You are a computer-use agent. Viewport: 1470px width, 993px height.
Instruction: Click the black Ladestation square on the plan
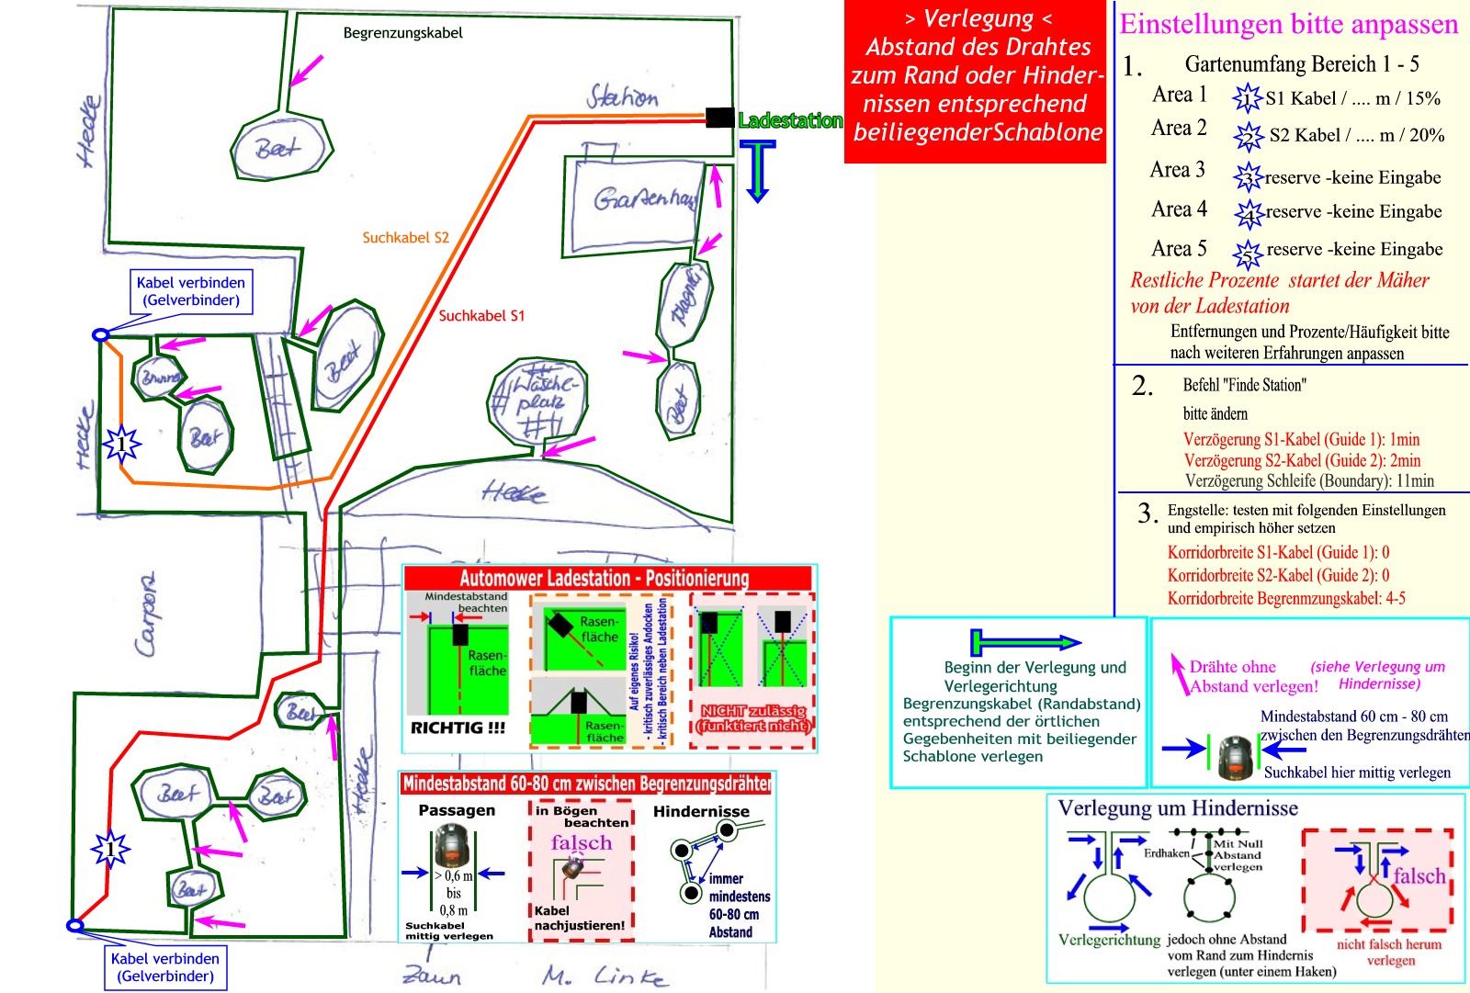[718, 118]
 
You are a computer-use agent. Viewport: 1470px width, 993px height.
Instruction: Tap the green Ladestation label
[790, 120]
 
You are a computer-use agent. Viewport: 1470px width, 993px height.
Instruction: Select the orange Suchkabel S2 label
[405, 238]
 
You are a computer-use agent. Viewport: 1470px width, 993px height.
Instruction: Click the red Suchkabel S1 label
[481, 316]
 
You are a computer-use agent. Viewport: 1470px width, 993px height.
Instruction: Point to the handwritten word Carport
[147, 615]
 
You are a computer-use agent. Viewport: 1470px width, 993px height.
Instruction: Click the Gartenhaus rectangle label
[644, 197]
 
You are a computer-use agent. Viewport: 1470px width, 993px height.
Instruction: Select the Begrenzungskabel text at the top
[402, 33]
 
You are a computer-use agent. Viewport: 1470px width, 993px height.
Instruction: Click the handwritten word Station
[622, 96]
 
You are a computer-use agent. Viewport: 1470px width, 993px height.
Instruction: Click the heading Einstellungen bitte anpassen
[1288, 24]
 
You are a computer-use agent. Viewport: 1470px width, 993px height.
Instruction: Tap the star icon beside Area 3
[1247, 175]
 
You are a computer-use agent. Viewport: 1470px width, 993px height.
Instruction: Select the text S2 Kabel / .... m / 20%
[1356, 136]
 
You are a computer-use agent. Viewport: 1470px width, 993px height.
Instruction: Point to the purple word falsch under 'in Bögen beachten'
[581, 843]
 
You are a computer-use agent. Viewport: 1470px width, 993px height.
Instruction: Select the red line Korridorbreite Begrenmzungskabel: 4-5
[1286, 599]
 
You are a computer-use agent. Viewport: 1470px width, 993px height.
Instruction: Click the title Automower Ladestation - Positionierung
[605, 579]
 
